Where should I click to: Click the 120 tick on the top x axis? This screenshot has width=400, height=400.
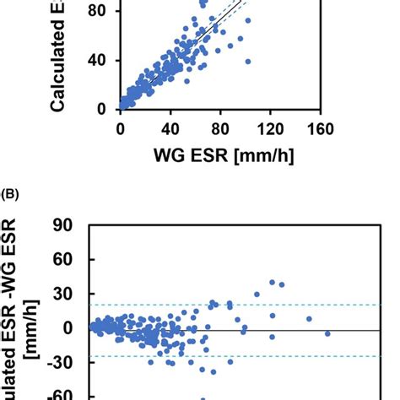[270, 128]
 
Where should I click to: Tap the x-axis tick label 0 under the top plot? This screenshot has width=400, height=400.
[121, 128]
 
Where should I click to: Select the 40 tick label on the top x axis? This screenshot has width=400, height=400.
[170, 128]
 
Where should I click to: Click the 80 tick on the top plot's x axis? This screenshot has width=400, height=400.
[220, 128]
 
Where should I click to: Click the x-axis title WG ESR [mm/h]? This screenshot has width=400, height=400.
[221, 157]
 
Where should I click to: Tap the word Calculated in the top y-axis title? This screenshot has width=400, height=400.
[60, 63]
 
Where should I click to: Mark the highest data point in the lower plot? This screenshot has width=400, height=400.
[272, 283]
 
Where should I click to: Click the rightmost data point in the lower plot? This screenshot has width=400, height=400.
[327, 333]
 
